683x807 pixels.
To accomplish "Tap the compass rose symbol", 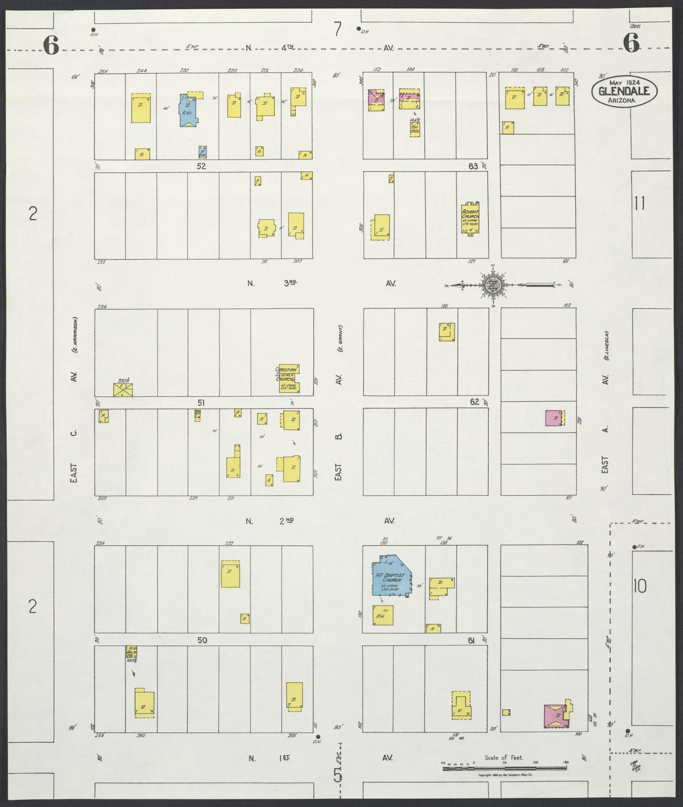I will pos(492,285).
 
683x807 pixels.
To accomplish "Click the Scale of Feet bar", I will pos(504,768).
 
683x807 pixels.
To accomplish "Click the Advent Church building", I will pos(471,218).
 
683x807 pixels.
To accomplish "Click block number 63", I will pos(473,166).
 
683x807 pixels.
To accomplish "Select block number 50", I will pos(202,640).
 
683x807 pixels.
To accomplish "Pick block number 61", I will pos(471,641).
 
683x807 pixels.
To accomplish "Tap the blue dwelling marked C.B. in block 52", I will pos(189,110).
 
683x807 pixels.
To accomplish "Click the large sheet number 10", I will pos(640,586).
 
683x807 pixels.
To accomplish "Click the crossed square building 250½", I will pos(123,390).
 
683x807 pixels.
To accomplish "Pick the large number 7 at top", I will pos(337,29).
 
